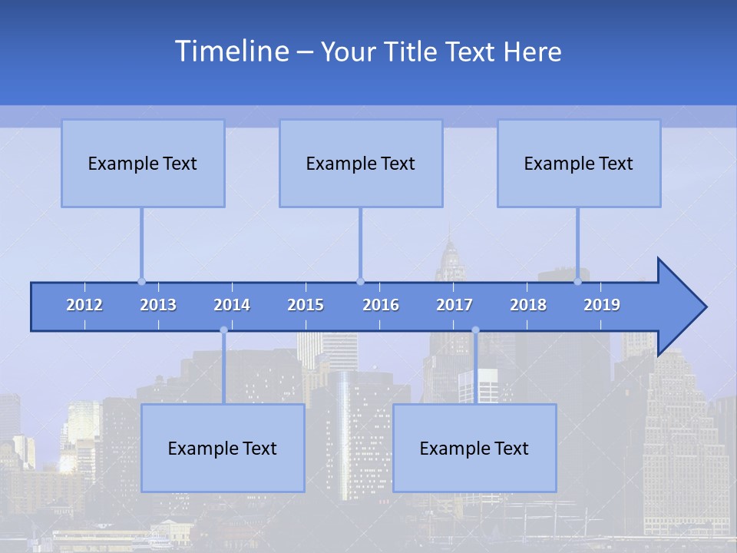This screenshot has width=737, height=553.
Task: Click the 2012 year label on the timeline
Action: (84, 305)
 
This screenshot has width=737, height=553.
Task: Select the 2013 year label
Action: (158, 305)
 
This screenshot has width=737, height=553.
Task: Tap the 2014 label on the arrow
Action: (232, 305)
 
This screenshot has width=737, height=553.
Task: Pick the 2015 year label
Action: (306, 305)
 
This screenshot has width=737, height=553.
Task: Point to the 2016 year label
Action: (381, 305)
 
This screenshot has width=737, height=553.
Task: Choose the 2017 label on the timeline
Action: (454, 305)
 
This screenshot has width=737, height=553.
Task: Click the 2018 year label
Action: (528, 305)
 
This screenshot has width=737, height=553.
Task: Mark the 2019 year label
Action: (602, 305)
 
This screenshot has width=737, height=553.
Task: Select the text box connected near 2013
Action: (143, 163)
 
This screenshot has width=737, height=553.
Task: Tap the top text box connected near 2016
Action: (361, 163)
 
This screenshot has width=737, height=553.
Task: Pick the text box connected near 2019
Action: (579, 163)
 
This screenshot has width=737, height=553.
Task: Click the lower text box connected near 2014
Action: (223, 448)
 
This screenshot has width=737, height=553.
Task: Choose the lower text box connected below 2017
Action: (474, 448)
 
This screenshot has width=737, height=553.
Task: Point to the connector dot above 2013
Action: (141, 281)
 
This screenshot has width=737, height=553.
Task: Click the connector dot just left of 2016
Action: (360, 281)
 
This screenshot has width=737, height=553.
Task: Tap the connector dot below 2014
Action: (223, 330)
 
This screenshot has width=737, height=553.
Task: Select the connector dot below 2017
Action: (475, 330)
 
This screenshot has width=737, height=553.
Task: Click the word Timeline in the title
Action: (230, 51)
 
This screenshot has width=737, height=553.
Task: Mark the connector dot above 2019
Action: (577, 281)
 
